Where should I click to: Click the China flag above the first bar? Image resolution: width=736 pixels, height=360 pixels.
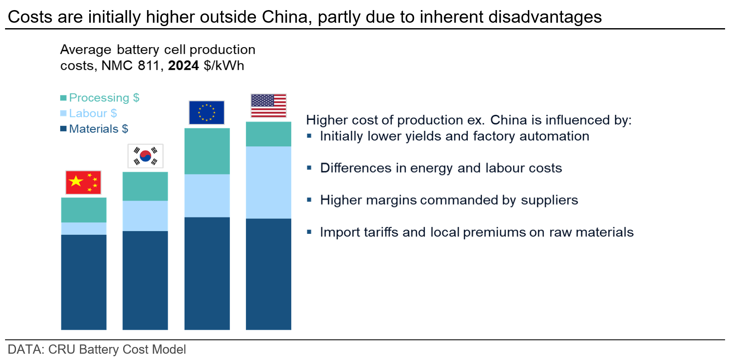point(83,183)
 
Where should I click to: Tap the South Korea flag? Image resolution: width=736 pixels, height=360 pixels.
point(145,156)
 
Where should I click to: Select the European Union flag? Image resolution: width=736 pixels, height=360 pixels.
point(207,112)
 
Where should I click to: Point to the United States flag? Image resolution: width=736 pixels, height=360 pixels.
point(269,106)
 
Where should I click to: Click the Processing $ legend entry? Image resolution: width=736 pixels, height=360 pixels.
point(100,98)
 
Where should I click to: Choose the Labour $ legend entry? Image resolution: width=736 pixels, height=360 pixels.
point(89,113)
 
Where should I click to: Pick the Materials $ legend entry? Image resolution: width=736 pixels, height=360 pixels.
point(94,129)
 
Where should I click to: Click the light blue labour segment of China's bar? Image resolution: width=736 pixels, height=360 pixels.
point(84,228)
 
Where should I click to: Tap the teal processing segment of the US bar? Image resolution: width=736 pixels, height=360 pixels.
point(269,134)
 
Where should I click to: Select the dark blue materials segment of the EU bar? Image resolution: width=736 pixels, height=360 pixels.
point(207,273)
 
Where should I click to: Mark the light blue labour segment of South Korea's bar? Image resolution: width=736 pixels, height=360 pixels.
point(145,216)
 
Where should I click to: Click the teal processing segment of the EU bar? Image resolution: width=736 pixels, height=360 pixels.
point(207,151)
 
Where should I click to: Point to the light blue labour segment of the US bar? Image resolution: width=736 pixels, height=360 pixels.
point(269,183)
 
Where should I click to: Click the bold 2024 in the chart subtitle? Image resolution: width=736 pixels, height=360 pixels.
point(183,66)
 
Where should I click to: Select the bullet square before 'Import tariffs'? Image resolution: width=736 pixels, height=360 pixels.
point(309,232)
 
